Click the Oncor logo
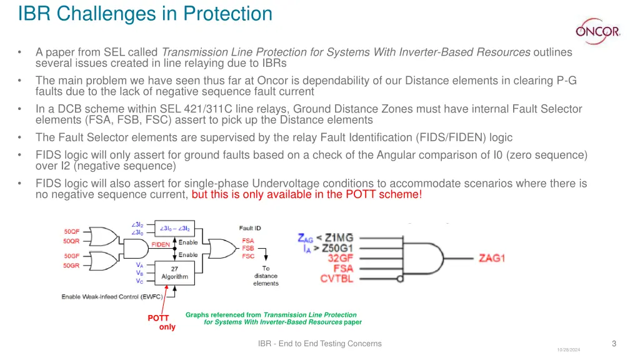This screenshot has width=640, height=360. [597, 30]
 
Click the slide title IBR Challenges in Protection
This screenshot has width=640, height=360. [145, 13]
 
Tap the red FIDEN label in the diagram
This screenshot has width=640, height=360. [161, 244]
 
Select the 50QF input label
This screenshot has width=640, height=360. [71, 231]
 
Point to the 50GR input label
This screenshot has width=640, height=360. [71, 266]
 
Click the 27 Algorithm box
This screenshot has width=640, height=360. [174, 272]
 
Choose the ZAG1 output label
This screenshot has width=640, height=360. [492, 258]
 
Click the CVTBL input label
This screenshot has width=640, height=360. [337, 279]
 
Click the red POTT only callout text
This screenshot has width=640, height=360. [162, 322]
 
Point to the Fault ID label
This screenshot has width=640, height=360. [250, 228]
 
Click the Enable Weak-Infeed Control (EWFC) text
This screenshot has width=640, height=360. [114, 296]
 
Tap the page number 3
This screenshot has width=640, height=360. [614, 343]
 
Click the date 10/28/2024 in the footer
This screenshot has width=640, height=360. [568, 350]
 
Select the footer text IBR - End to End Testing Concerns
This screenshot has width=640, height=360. [319, 343]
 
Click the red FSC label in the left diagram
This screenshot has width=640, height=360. [248, 256]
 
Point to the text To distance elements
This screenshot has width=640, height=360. [266, 276]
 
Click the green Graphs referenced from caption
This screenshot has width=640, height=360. [273, 318]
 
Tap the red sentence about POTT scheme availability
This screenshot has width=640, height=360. [307, 194]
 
